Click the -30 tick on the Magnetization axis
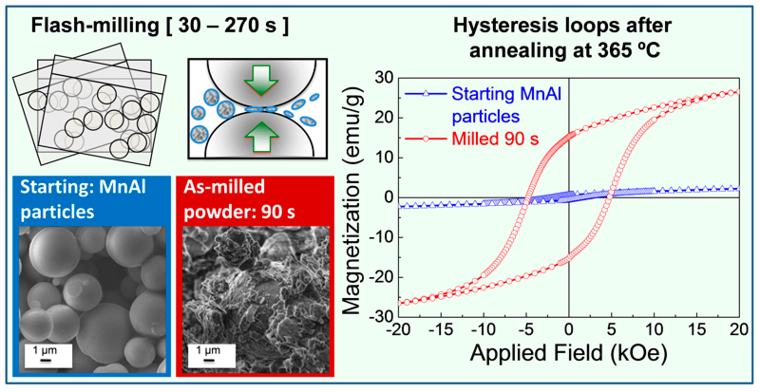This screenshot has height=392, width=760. pyautogui.click(x=362, y=316)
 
